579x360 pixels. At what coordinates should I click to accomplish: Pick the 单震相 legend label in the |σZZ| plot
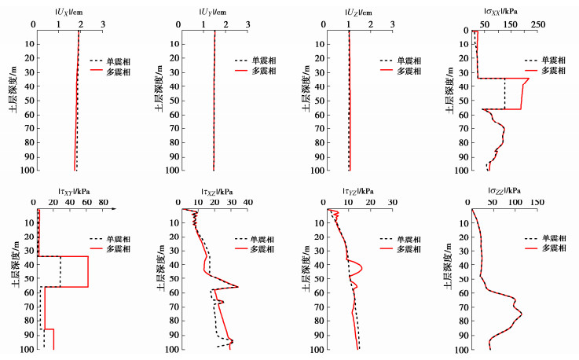tap(550, 238)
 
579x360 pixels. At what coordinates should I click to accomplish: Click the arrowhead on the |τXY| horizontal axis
tap(114, 210)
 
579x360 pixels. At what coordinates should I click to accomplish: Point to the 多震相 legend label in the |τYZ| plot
tap(406, 248)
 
